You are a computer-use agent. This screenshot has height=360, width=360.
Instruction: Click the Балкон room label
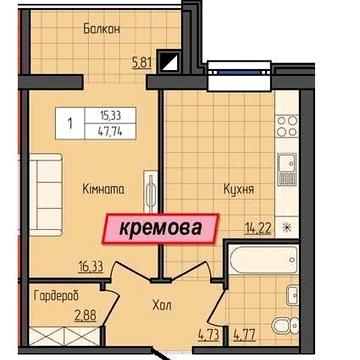[102, 30]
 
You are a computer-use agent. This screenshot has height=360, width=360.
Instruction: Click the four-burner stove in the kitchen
[287, 126]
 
